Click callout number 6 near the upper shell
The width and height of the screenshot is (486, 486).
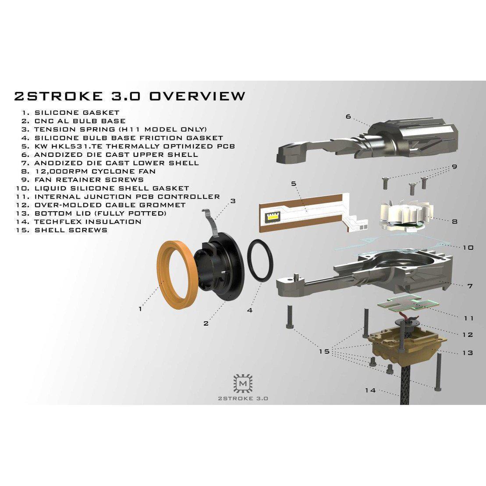pos(348,117)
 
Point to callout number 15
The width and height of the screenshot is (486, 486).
pos(324,351)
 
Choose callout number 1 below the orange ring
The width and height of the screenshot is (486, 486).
pos(140,309)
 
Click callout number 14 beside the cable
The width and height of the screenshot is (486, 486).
pos(370,390)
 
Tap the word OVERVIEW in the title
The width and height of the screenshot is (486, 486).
pos(197,96)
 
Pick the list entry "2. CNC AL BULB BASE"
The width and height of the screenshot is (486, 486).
pos(74,121)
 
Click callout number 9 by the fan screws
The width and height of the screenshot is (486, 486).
pos(454,167)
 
